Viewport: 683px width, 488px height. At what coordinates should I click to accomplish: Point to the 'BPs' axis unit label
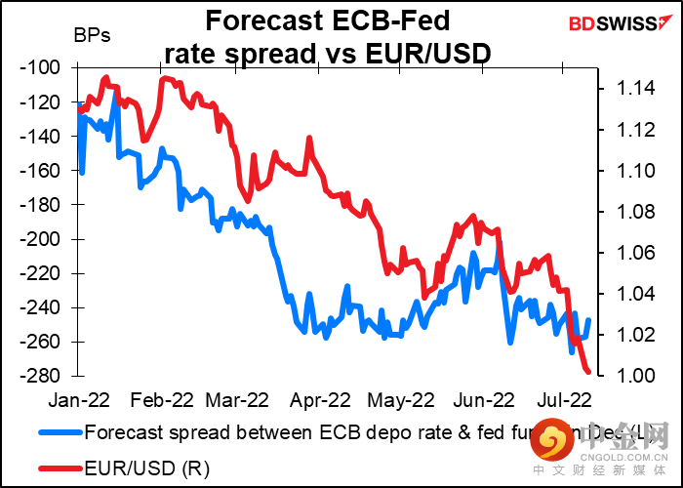pyautogui.click(x=92, y=37)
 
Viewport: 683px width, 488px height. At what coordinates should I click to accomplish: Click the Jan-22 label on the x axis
pyautogui.click(x=79, y=399)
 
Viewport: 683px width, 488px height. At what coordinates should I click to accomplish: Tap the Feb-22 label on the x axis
pyautogui.click(x=161, y=399)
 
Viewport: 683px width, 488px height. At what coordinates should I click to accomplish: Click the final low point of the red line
pyautogui.click(x=588, y=372)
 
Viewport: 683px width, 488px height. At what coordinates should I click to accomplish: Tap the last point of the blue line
pyautogui.click(x=588, y=319)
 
